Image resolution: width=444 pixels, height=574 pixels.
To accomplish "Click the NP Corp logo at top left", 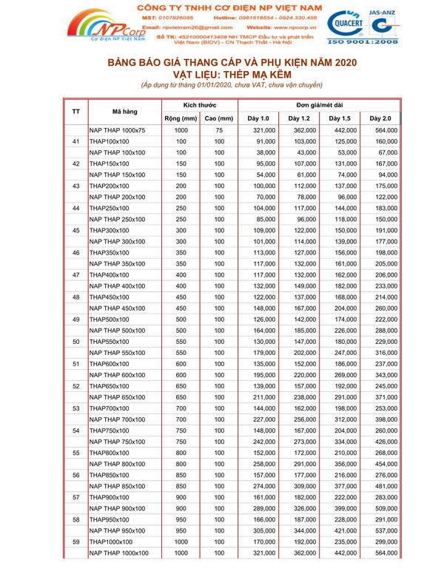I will click(104, 29).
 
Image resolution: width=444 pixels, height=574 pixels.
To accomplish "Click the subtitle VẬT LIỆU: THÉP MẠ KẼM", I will click(222, 75).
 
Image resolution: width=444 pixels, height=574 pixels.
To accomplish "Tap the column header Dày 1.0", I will click(258, 118).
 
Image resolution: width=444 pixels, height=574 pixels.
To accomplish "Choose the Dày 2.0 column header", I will click(380, 118).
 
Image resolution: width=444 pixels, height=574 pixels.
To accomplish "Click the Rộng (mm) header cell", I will click(180, 118).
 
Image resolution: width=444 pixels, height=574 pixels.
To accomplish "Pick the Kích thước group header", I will click(199, 107).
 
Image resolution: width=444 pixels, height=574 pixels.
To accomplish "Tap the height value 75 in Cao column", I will click(219, 130).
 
